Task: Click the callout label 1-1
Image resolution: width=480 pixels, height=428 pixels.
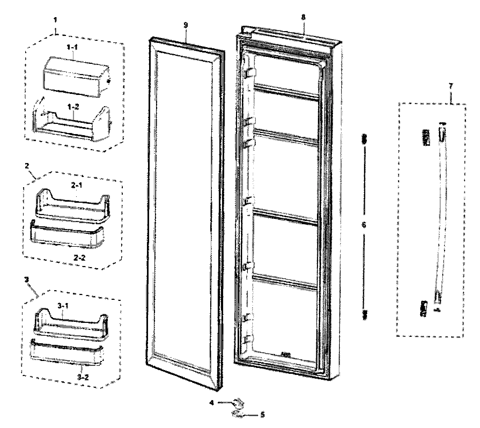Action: pyautogui.click(x=72, y=47)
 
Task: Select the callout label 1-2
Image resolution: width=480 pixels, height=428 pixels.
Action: pyautogui.click(x=73, y=107)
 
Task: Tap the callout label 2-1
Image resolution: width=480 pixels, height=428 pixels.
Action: pyautogui.click(x=77, y=185)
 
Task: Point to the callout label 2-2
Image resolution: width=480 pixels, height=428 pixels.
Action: pyautogui.click(x=79, y=258)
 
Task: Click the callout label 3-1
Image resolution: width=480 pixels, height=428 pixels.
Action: pyautogui.click(x=63, y=305)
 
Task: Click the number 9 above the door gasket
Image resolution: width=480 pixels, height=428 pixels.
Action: pyautogui.click(x=186, y=25)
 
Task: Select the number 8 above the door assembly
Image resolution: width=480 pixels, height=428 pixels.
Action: pyautogui.click(x=303, y=17)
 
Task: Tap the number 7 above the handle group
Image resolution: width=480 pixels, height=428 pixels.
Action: pyautogui.click(x=451, y=86)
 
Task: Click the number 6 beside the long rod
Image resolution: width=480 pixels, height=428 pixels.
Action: pyautogui.click(x=364, y=225)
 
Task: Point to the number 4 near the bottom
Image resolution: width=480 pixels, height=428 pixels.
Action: pyautogui.click(x=212, y=403)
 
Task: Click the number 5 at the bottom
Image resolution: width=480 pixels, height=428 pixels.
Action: pyautogui.click(x=263, y=415)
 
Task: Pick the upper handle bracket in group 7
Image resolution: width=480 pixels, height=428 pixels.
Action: pyautogui.click(x=426, y=137)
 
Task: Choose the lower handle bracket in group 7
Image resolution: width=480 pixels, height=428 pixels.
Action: pyautogui.click(x=424, y=308)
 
